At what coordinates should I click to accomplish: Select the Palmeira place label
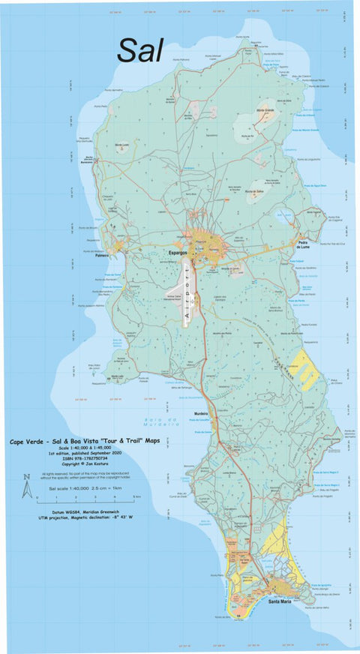tap(103, 255)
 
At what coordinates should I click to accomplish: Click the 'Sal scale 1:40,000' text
tap(69, 487)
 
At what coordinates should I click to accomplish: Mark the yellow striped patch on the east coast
tap(305, 368)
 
